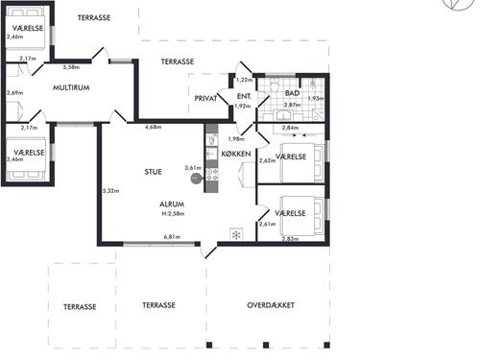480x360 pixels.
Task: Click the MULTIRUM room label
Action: pos(71,87)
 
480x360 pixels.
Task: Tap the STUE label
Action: pos(153,172)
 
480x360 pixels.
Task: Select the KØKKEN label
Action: pos(236,154)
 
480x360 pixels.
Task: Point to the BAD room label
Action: pos(292,93)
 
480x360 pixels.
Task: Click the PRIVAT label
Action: pos(205,99)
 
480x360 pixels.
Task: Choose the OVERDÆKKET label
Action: pos(271,305)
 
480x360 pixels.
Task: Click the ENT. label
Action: pos(244,96)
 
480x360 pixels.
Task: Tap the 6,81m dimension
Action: pos(172,237)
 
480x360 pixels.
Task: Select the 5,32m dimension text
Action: pos(110,191)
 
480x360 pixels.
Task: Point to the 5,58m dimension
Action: pos(71,67)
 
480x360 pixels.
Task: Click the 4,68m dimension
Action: pos(153,127)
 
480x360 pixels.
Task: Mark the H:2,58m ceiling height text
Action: pos(173,214)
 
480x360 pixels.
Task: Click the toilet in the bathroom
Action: pos(275,84)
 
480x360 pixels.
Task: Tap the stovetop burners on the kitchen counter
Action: pos(211,175)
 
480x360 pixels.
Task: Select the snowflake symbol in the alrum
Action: pos(236,235)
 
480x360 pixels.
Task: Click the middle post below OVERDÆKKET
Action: pos(266,345)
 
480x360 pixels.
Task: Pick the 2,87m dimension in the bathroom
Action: pos(292,105)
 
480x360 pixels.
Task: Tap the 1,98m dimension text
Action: pos(236,139)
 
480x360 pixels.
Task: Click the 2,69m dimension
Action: pos(15,93)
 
